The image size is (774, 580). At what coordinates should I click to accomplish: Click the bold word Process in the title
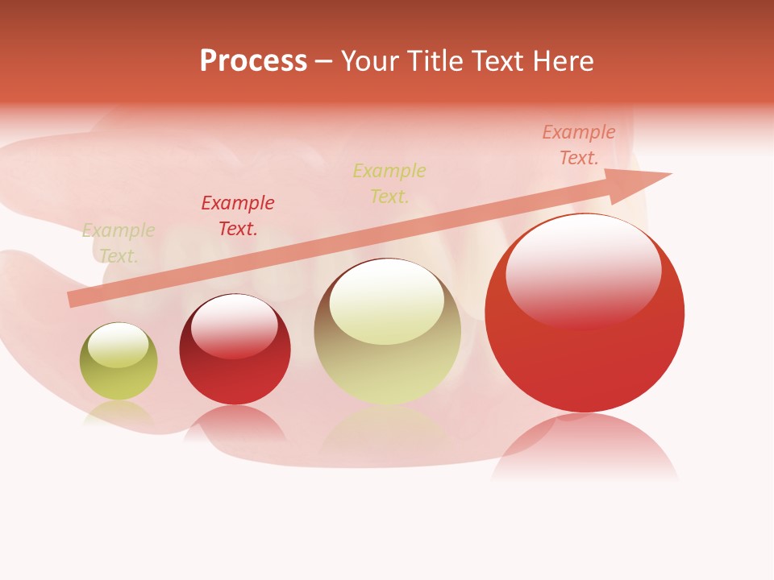pos(253,61)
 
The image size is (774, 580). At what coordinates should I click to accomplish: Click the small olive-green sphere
pos(119,362)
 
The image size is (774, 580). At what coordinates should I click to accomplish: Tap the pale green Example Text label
pos(119,242)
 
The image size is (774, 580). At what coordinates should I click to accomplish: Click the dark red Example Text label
pos(238,215)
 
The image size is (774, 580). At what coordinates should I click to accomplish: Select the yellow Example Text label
pos(389,183)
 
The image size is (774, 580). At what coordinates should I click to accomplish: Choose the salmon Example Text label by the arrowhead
pos(579,145)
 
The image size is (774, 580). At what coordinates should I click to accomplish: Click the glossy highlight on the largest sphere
pos(583,270)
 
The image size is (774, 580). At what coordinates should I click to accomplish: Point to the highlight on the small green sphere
pos(118,345)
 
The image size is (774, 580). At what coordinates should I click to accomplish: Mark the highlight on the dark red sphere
pos(234,326)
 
